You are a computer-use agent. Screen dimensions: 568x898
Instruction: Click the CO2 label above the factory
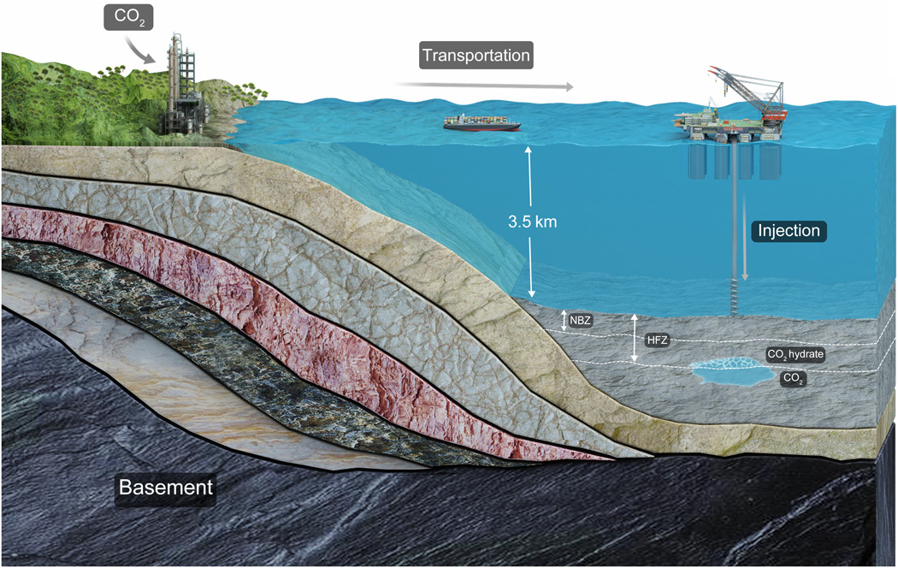click(x=127, y=17)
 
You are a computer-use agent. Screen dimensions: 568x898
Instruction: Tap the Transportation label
click(x=476, y=56)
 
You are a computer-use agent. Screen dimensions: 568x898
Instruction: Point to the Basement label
click(x=165, y=488)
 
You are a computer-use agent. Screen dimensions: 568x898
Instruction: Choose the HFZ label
click(x=658, y=340)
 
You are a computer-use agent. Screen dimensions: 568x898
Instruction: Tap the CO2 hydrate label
click(x=795, y=354)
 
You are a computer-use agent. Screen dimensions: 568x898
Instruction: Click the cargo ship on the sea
click(x=481, y=122)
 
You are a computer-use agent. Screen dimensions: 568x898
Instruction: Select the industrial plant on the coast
click(x=183, y=90)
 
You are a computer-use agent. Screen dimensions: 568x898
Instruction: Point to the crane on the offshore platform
click(x=753, y=90)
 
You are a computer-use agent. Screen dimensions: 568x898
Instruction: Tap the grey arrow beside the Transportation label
click(x=483, y=86)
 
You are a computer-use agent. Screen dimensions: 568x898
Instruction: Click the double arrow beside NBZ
click(x=564, y=321)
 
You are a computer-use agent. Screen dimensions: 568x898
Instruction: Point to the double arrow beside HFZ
click(x=634, y=338)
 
